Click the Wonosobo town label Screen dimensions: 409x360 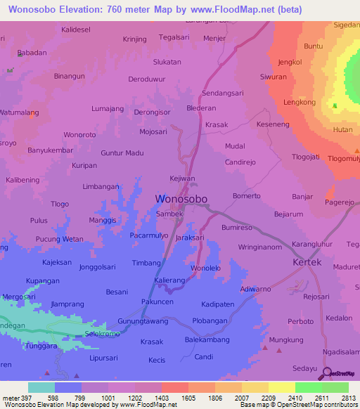(x=181, y=199)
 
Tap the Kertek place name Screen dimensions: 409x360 (x=307, y=262)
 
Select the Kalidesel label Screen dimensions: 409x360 (x=77, y=30)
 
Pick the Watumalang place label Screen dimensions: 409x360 (x=19, y=112)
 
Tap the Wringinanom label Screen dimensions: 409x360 (x=260, y=247)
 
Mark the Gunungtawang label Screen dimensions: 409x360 (x=143, y=321)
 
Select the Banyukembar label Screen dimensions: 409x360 (x=50, y=150)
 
